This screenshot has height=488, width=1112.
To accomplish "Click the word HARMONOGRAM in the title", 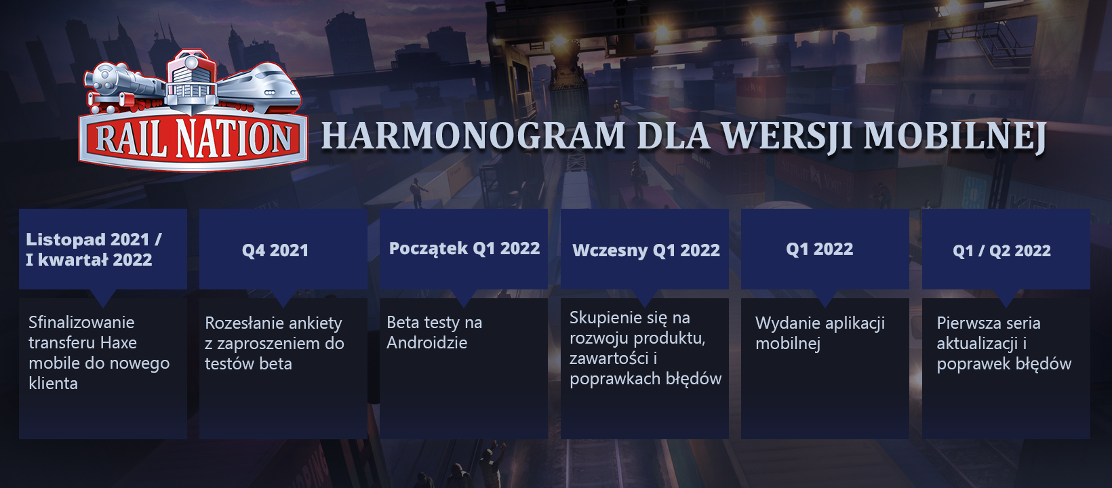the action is point(473,136).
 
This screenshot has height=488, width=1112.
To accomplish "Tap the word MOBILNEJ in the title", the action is point(955,136).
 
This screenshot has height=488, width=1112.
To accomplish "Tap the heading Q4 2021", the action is point(275,250).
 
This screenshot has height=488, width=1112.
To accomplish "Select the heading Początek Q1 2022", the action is point(464,248).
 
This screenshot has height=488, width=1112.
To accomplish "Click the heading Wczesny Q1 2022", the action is point(646,250).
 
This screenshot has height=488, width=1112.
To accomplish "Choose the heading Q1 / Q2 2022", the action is point(1001,251).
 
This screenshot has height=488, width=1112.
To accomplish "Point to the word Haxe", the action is point(119,343).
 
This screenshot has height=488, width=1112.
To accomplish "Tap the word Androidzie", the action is point(427,343).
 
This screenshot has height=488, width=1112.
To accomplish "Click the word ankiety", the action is point(316,324).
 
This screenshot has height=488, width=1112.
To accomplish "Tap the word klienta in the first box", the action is point(53,384).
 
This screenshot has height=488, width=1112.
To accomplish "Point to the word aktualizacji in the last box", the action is point(977,344).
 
